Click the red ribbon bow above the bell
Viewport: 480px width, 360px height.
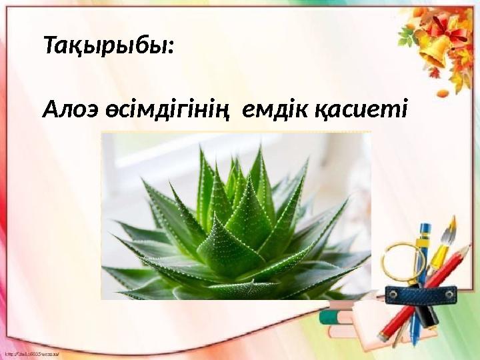point(447,28)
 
